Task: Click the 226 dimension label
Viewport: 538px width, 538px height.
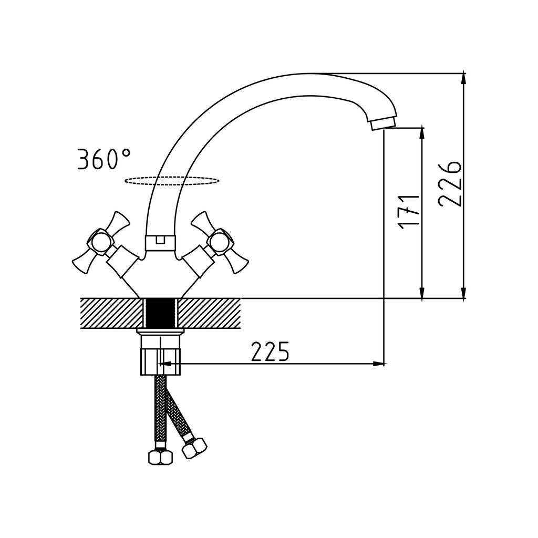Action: coord(450,184)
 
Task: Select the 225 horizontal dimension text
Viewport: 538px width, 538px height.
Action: coord(270,351)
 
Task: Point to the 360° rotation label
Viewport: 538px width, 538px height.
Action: coord(104,159)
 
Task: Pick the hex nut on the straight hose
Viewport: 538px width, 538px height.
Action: coord(161,458)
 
